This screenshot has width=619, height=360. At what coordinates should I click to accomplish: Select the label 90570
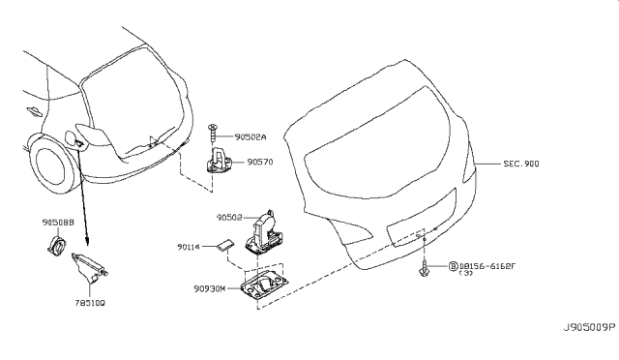click(260, 164)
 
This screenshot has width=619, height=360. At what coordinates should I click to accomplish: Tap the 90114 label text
click(191, 248)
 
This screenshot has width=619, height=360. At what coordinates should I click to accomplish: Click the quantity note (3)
click(466, 274)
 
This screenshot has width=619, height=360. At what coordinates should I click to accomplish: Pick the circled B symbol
click(453, 264)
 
